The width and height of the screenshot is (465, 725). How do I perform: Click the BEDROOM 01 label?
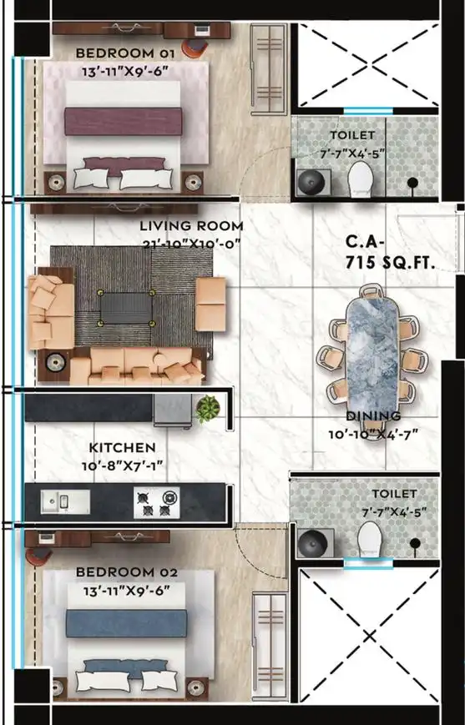(x=125, y=53)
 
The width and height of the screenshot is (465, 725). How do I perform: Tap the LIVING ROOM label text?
(x=191, y=226)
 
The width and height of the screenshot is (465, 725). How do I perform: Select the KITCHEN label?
(x=122, y=447)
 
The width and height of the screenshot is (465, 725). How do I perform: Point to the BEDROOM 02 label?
(x=126, y=572)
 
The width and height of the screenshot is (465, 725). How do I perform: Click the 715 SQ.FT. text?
(x=390, y=263)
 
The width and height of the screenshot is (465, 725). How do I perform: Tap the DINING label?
(x=373, y=416)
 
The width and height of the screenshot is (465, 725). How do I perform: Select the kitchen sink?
(x=65, y=501)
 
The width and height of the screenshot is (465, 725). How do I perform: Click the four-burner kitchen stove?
(x=157, y=502)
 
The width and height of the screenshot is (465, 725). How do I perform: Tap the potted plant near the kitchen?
(x=208, y=409)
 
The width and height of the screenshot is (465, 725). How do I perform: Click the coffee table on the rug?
(x=126, y=308)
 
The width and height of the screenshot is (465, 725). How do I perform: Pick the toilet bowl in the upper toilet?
(x=361, y=179)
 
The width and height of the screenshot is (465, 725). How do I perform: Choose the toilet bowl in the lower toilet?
(x=370, y=539)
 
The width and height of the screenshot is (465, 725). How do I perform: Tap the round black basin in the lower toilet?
(x=313, y=543)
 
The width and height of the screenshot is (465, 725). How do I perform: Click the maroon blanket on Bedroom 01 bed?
(x=123, y=121)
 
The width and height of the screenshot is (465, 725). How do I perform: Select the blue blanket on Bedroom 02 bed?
(x=126, y=623)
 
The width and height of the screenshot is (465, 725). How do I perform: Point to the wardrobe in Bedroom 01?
(x=268, y=69)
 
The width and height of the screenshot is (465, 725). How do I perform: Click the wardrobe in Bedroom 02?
(x=270, y=647)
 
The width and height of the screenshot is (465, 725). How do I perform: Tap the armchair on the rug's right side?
(x=210, y=304)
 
